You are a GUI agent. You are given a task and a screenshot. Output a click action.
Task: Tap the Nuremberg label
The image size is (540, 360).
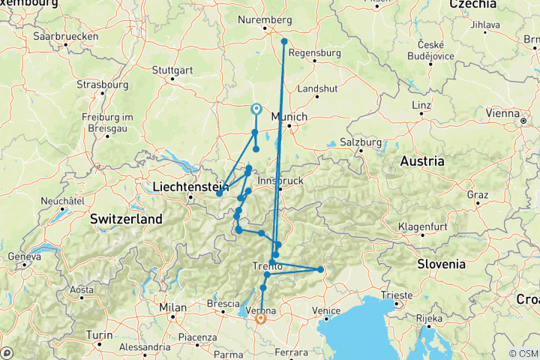pos(264,19)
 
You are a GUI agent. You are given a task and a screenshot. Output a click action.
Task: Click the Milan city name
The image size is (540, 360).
pos(172,307)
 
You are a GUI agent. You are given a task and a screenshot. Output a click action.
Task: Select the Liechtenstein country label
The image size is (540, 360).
pos(190,186)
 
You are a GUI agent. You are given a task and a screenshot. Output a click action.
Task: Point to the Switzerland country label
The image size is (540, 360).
pos(126,219)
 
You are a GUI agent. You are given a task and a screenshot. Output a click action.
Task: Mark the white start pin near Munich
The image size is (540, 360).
pos(256,109)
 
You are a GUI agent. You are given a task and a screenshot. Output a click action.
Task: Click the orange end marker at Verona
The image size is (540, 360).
pos(260,318)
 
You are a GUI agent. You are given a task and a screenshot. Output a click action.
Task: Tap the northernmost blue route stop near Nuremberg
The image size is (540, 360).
pos(284,41)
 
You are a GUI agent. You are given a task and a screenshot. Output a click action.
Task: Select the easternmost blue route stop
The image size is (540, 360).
pos(320,269)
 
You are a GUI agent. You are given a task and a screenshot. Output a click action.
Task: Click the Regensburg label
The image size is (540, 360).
pos(314,53)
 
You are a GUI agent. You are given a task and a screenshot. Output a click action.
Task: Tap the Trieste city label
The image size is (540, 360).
pos(395,295)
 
